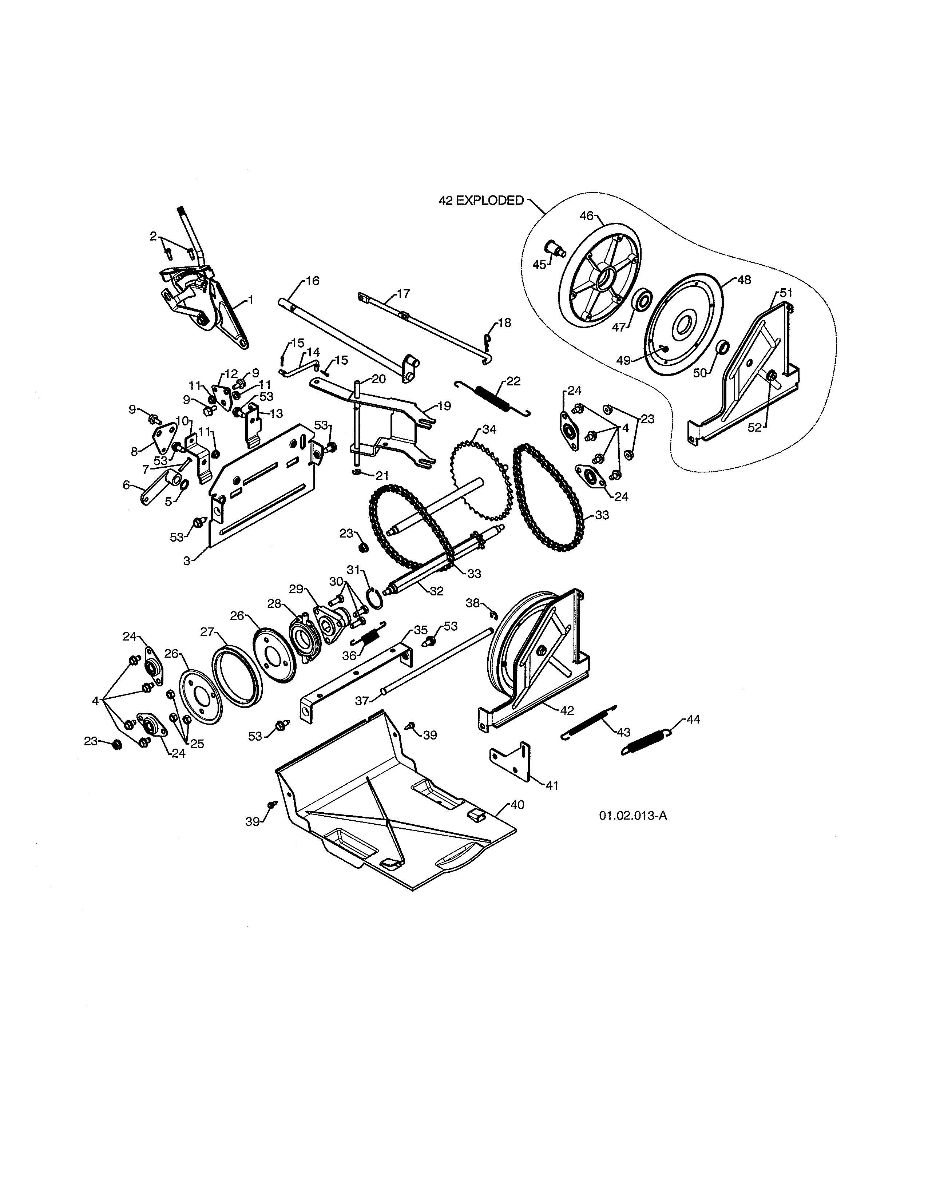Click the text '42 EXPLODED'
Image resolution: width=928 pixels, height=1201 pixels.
point(481,201)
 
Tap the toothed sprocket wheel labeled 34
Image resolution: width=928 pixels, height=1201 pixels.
point(481,476)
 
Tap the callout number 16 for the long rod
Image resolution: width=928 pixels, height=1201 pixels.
point(312,281)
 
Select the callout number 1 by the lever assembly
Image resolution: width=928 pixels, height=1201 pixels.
point(251,300)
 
